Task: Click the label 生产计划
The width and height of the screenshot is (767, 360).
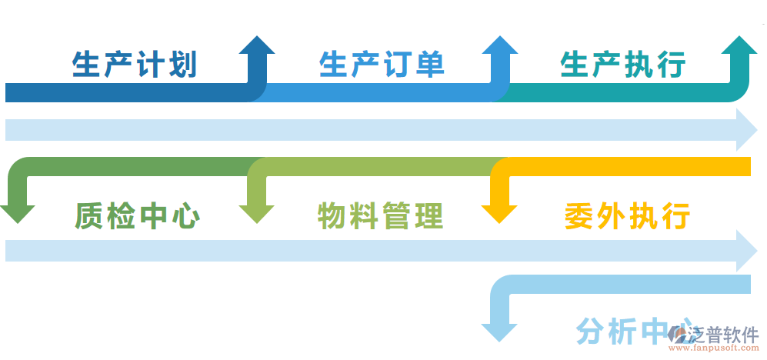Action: tap(135, 65)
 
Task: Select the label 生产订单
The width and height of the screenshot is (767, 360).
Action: tap(382, 65)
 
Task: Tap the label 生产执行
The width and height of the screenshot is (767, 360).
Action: tap(624, 65)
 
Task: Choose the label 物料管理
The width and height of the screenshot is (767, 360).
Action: tap(381, 216)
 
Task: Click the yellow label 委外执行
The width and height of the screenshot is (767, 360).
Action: tap(627, 215)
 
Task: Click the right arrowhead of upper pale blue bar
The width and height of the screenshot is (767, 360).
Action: tap(747, 129)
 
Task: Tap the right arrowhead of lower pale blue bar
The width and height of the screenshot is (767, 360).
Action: tap(747, 251)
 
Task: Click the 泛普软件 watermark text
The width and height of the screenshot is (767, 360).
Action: tap(724, 335)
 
